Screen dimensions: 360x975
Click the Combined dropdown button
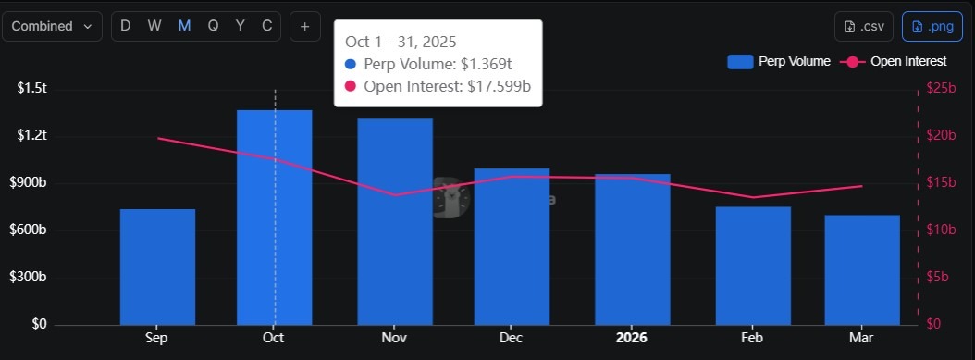pyautogui.click(x=52, y=26)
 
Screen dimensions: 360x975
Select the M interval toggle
pyautogui.click(x=184, y=26)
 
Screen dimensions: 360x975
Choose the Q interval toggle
pyautogui.click(x=213, y=26)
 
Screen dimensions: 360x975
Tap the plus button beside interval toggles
pyautogui.click(x=304, y=26)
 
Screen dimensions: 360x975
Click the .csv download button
pyautogui.click(x=865, y=26)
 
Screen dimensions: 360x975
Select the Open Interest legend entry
pyautogui.click(x=894, y=62)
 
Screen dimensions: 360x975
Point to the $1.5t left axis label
pyautogui.click(x=32, y=88)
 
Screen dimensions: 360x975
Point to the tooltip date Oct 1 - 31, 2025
pyautogui.click(x=401, y=43)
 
